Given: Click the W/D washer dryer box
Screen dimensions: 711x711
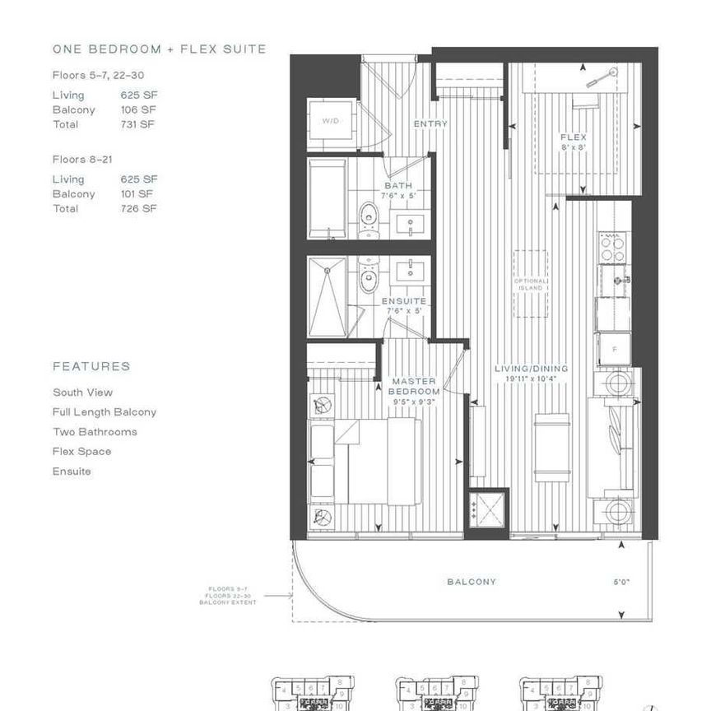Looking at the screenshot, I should click(331, 122).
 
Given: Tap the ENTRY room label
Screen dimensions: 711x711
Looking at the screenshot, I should click(430, 124).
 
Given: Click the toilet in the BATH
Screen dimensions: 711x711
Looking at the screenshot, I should click(369, 215).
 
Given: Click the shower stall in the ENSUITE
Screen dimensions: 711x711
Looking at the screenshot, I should click(327, 297).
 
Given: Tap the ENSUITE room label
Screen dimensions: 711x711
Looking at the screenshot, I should click(403, 306).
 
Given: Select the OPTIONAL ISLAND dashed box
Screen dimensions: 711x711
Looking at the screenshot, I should click(531, 284).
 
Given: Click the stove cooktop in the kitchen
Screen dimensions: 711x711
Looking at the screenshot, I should click(612, 245).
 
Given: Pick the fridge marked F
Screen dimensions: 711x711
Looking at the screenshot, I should click(613, 348).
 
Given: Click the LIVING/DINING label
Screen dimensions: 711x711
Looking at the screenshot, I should click(532, 374).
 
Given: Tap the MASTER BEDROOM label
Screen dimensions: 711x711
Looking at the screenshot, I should click(415, 386).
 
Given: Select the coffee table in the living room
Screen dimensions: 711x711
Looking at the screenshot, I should click(552, 448).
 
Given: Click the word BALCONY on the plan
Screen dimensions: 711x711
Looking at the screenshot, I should click(472, 582).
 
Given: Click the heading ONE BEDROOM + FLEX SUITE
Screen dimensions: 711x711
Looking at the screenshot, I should click(160, 49).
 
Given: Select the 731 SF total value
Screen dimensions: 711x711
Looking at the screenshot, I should click(138, 124).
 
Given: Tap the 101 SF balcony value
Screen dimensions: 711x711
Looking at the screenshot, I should click(137, 194).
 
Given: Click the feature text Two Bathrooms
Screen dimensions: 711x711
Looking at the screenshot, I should click(95, 432).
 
